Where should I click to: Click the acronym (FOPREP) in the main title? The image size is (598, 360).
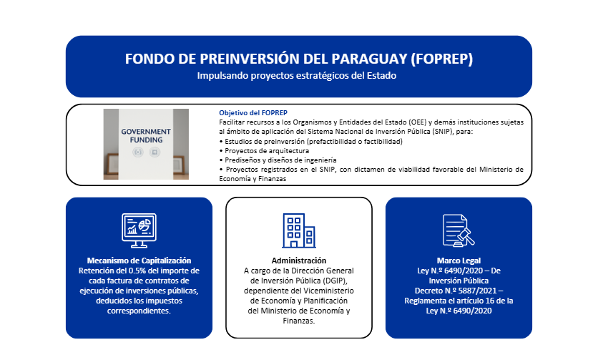[x=441, y=59]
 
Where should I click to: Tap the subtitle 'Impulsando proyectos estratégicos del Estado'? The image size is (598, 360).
[x=297, y=76]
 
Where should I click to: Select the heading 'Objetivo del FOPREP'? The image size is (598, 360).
[x=253, y=112]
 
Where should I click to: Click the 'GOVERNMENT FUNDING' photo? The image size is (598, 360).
[x=146, y=145]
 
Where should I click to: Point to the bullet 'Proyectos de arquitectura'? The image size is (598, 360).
[x=264, y=151]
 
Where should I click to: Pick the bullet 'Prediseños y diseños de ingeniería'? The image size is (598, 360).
[x=278, y=160]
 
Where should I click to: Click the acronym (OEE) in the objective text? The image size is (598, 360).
[x=417, y=122]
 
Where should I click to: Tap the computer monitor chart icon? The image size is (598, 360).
[x=139, y=230]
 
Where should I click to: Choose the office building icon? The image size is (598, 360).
[x=298, y=230]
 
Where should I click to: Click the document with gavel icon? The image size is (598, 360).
[x=459, y=230]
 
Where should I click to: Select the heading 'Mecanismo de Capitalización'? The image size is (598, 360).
[x=139, y=261]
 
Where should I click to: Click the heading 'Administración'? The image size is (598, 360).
[x=299, y=261]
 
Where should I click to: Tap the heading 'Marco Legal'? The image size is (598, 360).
[x=459, y=261]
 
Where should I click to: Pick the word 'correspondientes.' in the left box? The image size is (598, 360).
[x=139, y=311]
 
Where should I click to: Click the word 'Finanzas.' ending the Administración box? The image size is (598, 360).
[x=299, y=321]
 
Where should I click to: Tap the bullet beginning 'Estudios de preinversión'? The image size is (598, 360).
[x=311, y=141]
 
